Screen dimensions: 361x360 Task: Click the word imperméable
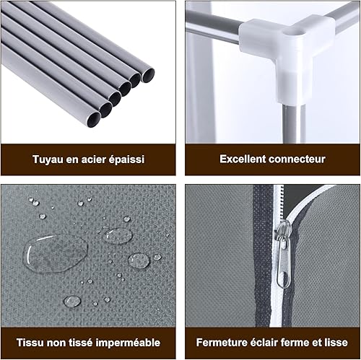(x=128, y=343)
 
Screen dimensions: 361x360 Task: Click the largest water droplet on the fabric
(x=55, y=253)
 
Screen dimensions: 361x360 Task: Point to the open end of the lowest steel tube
(x=94, y=120)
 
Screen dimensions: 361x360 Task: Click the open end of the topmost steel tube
(x=148, y=75)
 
